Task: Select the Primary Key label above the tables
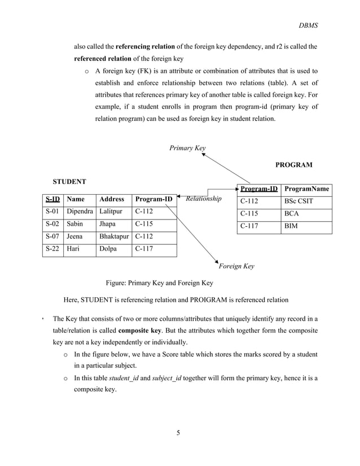pyautogui.click(x=187, y=148)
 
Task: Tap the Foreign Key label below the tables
pyautogui.click(x=236, y=266)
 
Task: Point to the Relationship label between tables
pyautogui.click(x=204, y=199)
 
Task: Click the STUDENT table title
pyautogui.click(x=69, y=182)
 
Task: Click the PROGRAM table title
pyautogui.click(x=293, y=165)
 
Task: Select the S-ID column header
pyautogui.click(x=52, y=199)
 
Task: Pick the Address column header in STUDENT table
pyautogui.click(x=111, y=199)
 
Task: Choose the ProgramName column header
pyautogui.click(x=306, y=189)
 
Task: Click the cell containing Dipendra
pyautogui.click(x=80, y=212)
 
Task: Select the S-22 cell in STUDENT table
pyautogui.click(x=52, y=249)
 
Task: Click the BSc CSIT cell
pyautogui.click(x=298, y=201)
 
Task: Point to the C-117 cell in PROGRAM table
pyautogui.click(x=249, y=226)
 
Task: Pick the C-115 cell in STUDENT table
pyautogui.click(x=144, y=224)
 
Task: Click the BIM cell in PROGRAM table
pyautogui.click(x=291, y=226)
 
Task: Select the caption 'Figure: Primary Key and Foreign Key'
pyautogui.click(x=160, y=283)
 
